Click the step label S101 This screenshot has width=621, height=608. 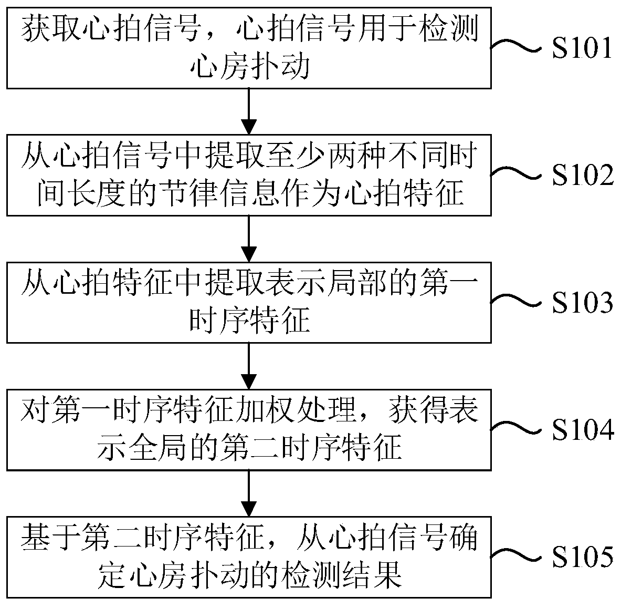point(582,49)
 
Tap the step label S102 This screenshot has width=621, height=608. point(582,176)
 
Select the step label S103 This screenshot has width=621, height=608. point(582,303)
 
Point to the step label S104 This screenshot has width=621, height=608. point(582,430)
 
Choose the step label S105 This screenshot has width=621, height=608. point(582,558)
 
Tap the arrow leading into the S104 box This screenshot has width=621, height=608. point(249,366)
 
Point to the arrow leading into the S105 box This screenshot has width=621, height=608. point(249,493)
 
